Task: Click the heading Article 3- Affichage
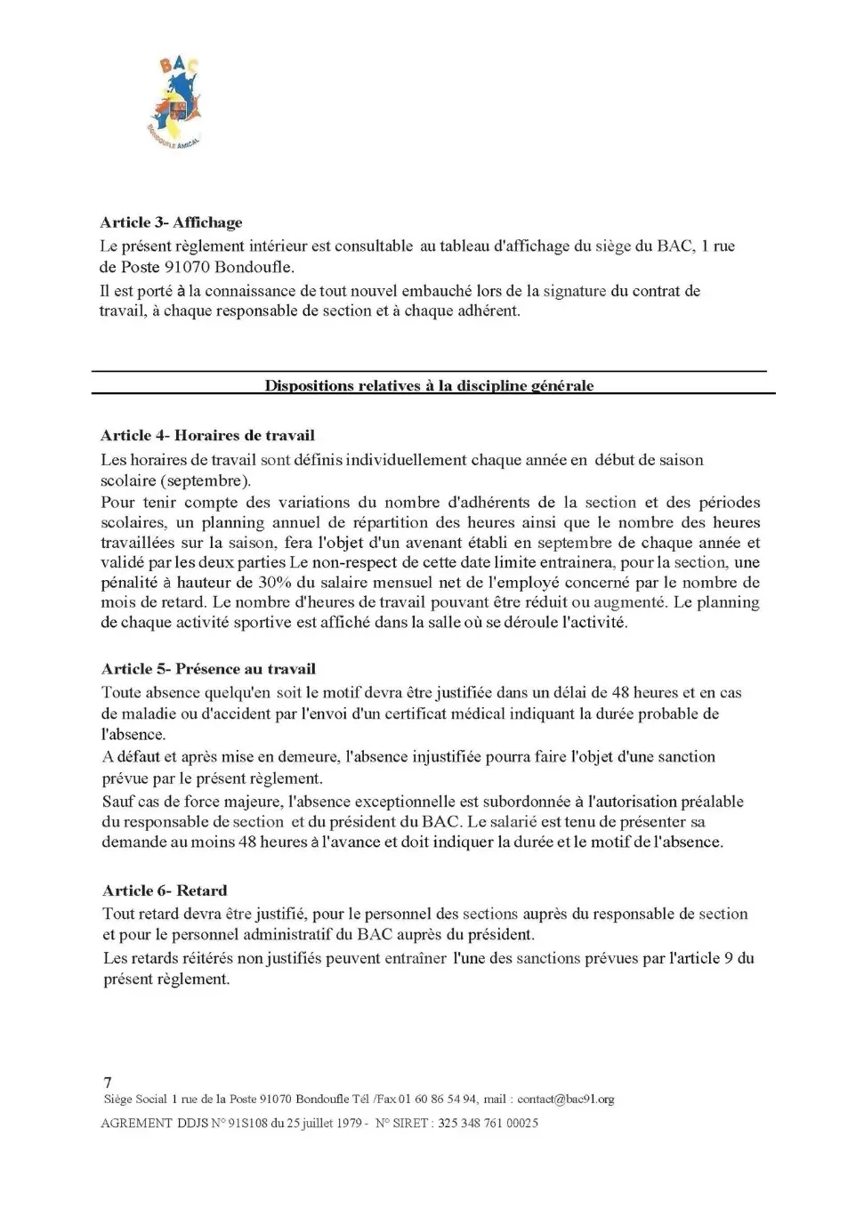pos(171,222)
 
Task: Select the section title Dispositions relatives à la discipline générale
pos(429,386)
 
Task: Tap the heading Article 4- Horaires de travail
pos(207,435)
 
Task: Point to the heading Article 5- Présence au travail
pos(208,669)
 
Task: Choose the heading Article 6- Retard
pos(165,891)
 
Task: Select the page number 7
pos(108,1083)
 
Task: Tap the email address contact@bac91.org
pos(565,1100)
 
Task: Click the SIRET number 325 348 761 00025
pos(488,1124)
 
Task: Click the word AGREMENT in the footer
pos(136,1124)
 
